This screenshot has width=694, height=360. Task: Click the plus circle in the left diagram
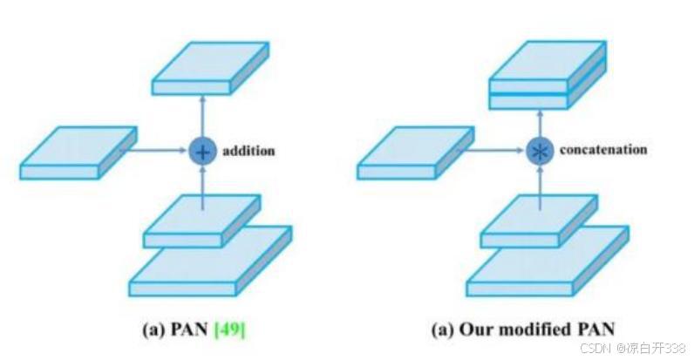(202, 152)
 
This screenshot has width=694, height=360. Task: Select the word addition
(248, 151)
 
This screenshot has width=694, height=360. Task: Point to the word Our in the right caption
(500, 329)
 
